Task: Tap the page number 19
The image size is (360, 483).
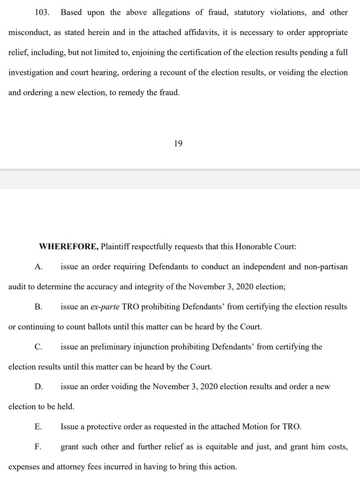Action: pyautogui.click(x=178, y=143)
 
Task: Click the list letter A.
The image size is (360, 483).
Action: pyautogui.click(x=39, y=267)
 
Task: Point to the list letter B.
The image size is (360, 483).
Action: pyautogui.click(x=39, y=307)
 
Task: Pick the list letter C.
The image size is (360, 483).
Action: pyautogui.click(x=39, y=347)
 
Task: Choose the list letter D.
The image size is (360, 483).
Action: pyautogui.click(x=39, y=386)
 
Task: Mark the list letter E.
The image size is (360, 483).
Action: pyautogui.click(x=38, y=427)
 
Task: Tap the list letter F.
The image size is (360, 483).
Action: pyautogui.click(x=38, y=446)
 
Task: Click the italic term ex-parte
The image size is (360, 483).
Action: pyautogui.click(x=105, y=307)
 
